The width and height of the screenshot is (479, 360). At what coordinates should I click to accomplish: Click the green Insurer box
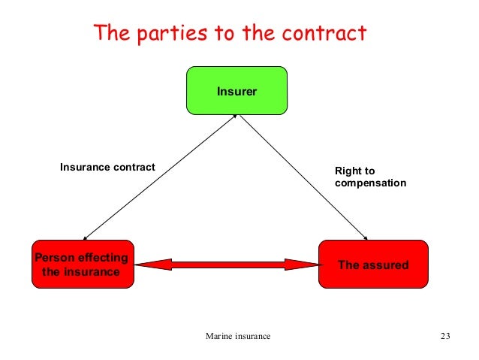(x=236, y=91)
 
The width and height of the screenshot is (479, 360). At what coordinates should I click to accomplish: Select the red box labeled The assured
(x=373, y=265)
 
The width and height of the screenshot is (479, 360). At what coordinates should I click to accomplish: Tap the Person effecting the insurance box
(x=82, y=265)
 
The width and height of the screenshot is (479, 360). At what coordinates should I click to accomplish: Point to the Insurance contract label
(x=107, y=167)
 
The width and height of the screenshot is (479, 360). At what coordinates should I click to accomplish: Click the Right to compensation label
(x=370, y=177)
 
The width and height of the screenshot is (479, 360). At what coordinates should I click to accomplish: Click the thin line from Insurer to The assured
(x=300, y=177)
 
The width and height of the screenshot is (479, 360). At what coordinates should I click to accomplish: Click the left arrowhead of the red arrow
(x=147, y=264)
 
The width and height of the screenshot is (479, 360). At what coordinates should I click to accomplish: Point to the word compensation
(x=370, y=183)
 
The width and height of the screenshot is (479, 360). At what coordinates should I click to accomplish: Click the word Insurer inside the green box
(x=236, y=92)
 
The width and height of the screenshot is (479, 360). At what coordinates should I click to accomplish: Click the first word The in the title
(x=109, y=34)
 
